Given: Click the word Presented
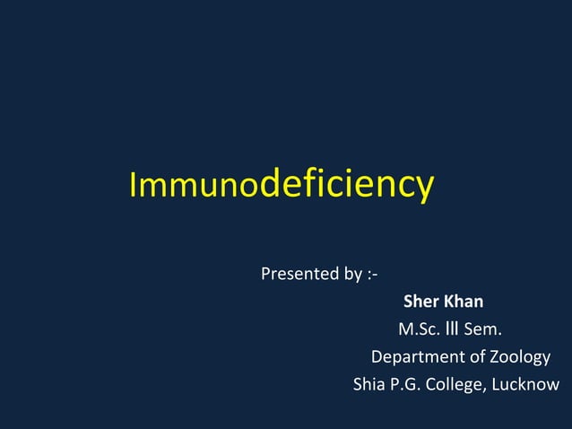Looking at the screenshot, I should pyautogui.click(x=299, y=273).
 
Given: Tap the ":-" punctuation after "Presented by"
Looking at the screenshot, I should pyautogui.click(x=372, y=274).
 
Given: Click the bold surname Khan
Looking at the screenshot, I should pyautogui.click(x=463, y=301).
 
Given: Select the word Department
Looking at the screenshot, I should pyautogui.click(x=417, y=357).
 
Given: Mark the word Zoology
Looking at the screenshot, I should pyautogui.click(x=520, y=357).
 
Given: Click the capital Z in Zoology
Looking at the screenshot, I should pyautogui.click(x=495, y=356).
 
